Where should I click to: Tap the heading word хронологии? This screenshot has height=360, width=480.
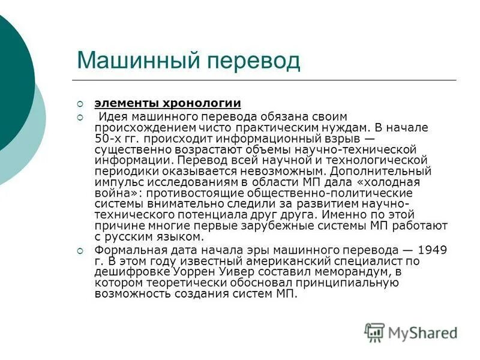coord(209,103)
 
